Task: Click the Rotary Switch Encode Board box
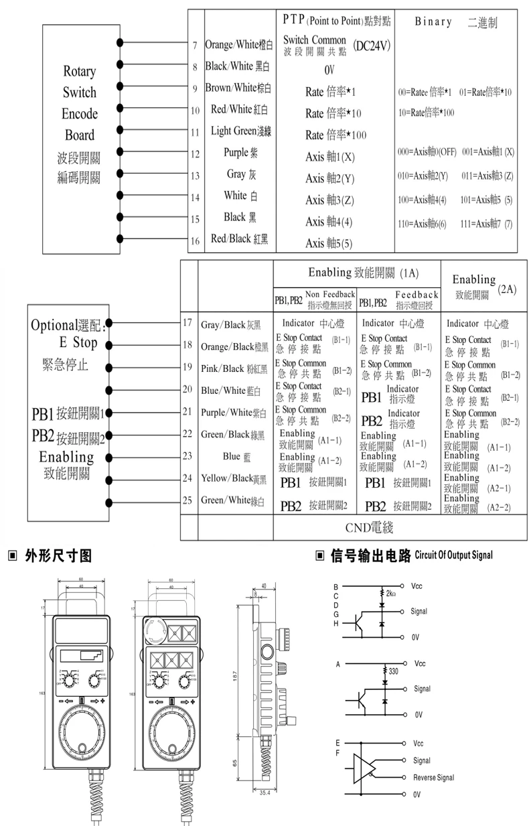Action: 80,124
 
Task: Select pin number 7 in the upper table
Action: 194,46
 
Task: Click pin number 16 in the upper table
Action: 194,240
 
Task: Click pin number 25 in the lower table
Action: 187,500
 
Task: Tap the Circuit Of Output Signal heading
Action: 453,555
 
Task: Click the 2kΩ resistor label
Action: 392,594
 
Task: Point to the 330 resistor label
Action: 394,671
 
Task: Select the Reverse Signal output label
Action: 433,778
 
